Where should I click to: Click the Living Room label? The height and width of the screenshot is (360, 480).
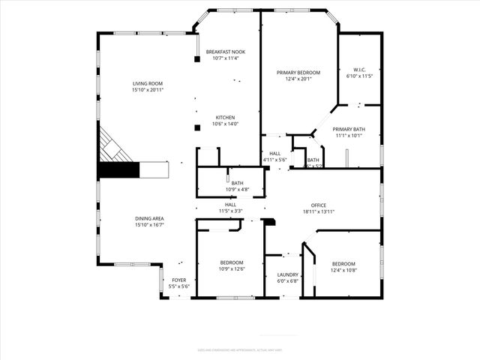click(148, 83)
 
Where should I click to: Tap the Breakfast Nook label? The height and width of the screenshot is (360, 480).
click(226, 51)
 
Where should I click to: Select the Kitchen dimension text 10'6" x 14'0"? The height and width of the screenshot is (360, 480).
click(226, 124)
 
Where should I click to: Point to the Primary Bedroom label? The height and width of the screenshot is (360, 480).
click(298, 72)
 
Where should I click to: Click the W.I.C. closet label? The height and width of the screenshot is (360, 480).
click(355, 69)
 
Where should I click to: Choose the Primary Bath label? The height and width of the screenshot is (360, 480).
click(348, 129)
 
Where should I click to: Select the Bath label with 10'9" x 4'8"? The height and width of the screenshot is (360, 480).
click(237, 183)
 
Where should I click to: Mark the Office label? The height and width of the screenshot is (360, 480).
click(319, 205)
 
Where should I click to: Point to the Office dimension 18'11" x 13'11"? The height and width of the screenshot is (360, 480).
click(319, 211)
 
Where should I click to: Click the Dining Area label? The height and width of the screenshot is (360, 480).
click(149, 218)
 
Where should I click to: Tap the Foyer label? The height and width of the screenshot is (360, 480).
click(178, 280)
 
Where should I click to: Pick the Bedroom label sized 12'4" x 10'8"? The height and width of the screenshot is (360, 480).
click(343, 263)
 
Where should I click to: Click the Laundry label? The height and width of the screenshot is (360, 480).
click(288, 275)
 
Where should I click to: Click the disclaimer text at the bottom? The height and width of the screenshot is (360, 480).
click(239, 349)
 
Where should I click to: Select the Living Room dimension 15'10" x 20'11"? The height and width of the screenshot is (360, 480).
click(148, 90)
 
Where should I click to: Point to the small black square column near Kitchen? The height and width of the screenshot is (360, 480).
click(196, 128)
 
